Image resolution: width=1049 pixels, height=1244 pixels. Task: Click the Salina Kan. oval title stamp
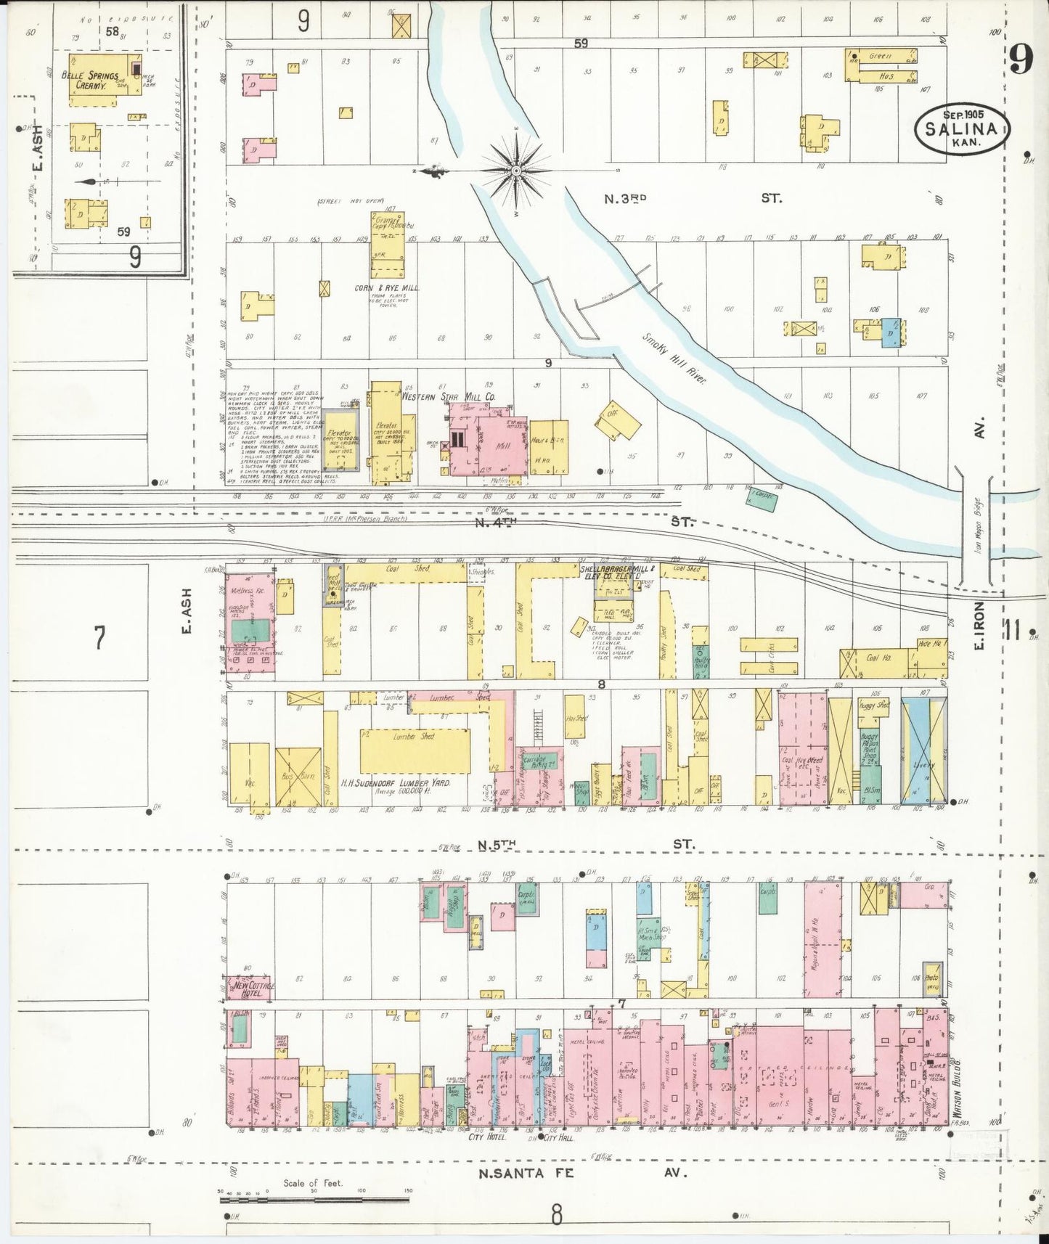[x=962, y=128]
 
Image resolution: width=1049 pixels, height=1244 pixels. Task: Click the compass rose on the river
[x=515, y=171]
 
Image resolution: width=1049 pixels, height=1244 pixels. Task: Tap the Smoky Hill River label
[x=673, y=358]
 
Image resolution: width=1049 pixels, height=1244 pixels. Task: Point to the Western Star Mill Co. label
[x=448, y=397]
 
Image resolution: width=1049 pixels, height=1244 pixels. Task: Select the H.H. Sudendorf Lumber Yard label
[x=396, y=784]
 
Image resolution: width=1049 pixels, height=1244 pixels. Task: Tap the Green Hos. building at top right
[x=881, y=65]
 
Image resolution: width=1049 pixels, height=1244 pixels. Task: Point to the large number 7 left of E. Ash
[x=99, y=637]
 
